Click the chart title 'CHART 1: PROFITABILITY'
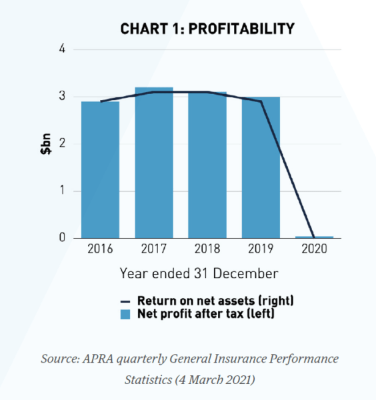coord(207,29)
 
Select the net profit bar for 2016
coord(100,170)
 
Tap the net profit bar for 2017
coord(154,163)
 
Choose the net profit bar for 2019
coord(261,167)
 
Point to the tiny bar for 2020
coord(314,237)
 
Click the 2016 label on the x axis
coord(100,251)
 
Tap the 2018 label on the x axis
coord(207,251)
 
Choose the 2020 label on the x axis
coord(314,251)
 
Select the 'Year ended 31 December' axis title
coord(199,273)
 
